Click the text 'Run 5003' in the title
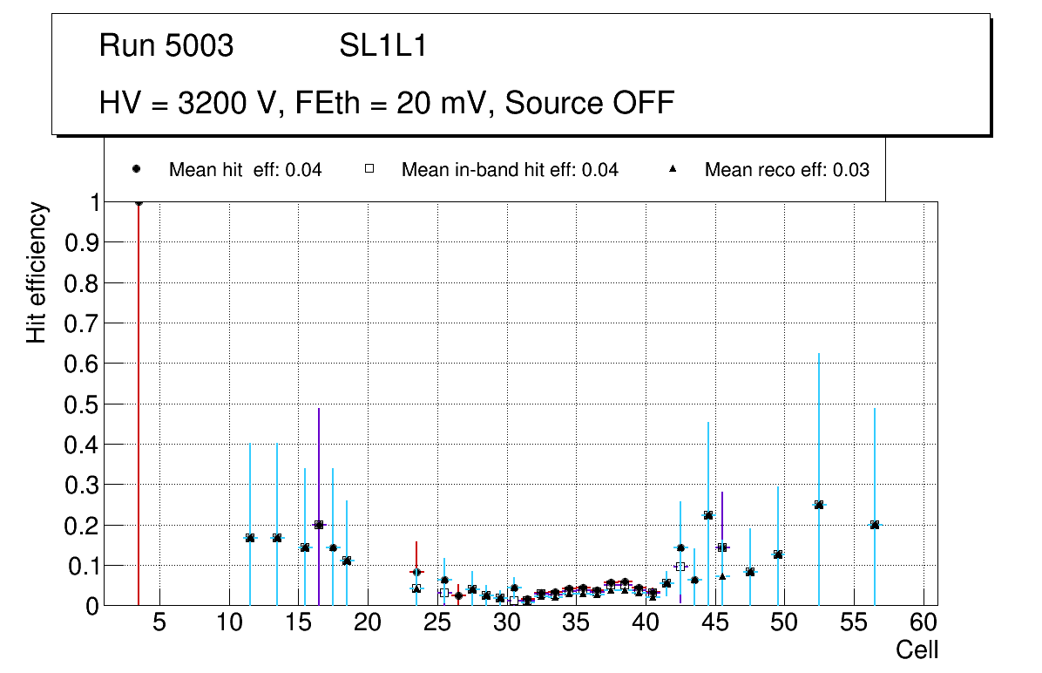[x=166, y=46]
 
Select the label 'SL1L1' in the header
[x=383, y=46]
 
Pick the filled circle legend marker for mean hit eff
[x=136, y=169]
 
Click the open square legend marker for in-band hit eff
[x=369, y=169]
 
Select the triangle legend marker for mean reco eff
[x=673, y=169]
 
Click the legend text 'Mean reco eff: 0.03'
[x=787, y=170]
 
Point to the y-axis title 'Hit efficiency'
[x=37, y=273]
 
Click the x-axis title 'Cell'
[x=917, y=650]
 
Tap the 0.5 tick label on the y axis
[x=82, y=404]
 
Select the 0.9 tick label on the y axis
[x=82, y=242]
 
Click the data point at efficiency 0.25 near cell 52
[x=819, y=505]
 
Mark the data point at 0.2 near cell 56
[x=875, y=525]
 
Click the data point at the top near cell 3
[x=139, y=202]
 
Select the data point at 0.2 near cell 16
[x=319, y=525]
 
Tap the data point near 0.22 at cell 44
[x=708, y=515]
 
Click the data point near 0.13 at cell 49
[x=778, y=554]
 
